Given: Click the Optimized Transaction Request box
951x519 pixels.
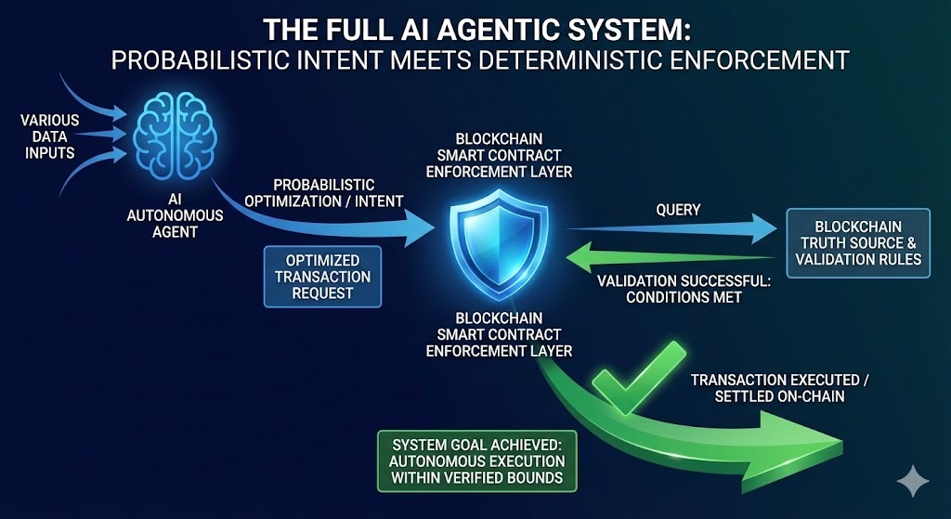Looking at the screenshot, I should [321, 277].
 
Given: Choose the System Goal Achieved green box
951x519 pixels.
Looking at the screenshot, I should [476, 461].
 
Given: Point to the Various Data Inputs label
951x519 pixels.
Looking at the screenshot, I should [48, 136].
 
